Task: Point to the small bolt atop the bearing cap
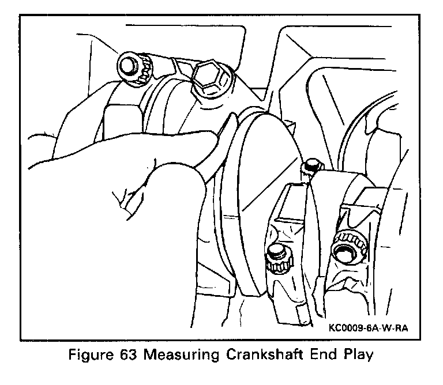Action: click(x=311, y=165)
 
